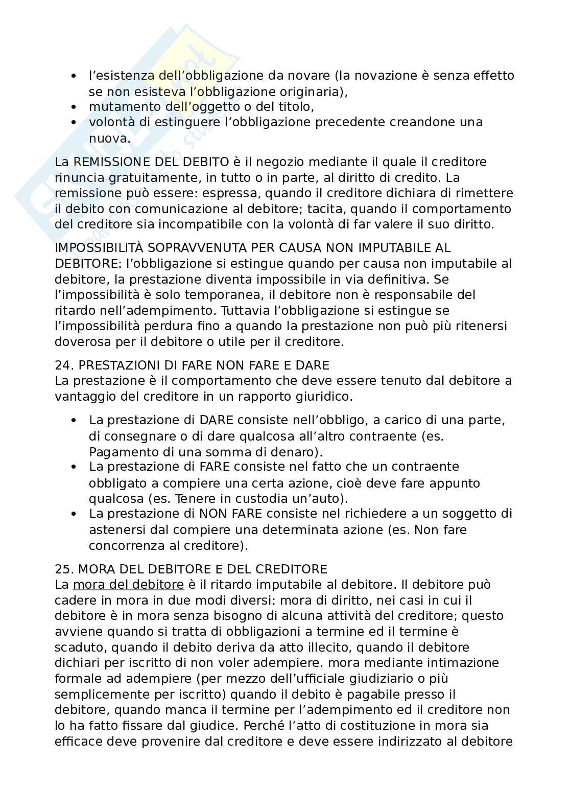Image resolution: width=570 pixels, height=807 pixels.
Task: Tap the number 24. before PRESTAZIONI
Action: pyautogui.click(x=64, y=365)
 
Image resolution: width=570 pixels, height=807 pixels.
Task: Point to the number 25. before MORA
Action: pyautogui.click(x=64, y=569)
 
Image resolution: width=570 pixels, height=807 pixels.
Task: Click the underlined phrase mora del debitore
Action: pyautogui.click(x=128, y=584)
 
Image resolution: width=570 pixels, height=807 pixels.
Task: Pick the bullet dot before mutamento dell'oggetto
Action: pyautogui.click(x=75, y=107)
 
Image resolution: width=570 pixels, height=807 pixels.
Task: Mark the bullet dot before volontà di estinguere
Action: pyautogui.click(x=75, y=123)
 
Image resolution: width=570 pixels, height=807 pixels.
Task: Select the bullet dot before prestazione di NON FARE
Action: pyautogui.click(x=75, y=514)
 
